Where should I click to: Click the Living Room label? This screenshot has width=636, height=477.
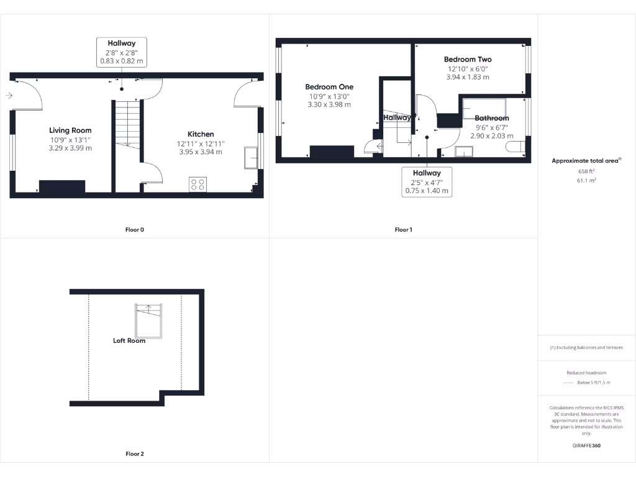(x=70, y=130)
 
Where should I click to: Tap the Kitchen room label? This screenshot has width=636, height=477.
(x=201, y=134)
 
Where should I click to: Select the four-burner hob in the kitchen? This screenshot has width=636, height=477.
(x=198, y=184)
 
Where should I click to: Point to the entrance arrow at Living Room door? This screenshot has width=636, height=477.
(x=9, y=96)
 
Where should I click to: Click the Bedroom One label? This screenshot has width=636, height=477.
(x=329, y=87)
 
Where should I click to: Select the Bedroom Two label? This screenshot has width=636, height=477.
(x=467, y=60)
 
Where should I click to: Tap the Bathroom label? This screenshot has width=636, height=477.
(x=491, y=118)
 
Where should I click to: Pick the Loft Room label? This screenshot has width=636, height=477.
(x=129, y=340)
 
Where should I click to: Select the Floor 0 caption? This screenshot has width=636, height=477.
(x=135, y=230)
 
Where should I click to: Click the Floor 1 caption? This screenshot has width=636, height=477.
(x=403, y=230)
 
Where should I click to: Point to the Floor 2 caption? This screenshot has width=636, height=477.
(x=135, y=454)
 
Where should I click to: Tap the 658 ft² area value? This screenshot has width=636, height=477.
(x=586, y=171)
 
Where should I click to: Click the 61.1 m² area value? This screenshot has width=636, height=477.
(x=586, y=180)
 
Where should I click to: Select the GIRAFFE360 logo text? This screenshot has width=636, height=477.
(x=586, y=445)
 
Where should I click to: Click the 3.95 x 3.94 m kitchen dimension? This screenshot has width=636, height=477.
(x=201, y=152)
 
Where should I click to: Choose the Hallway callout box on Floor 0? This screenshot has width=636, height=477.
(x=122, y=52)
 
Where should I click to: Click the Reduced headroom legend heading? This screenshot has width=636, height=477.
(x=586, y=373)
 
